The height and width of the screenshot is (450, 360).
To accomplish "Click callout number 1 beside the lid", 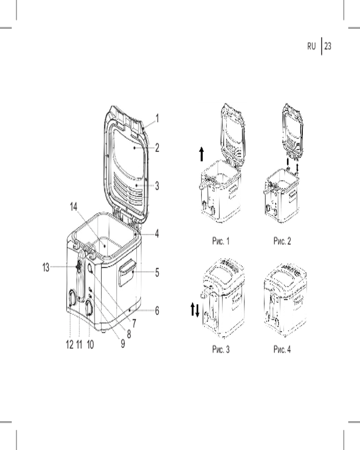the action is click(157, 118).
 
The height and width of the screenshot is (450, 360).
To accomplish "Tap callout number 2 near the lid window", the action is click(157, 148).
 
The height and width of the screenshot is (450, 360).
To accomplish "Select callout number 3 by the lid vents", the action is click(157, 186).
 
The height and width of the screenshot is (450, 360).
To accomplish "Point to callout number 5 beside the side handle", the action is click(157, 272).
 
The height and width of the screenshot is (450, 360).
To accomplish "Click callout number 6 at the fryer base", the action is click(157, 310).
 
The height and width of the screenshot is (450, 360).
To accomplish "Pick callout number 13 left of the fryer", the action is click(46, 267).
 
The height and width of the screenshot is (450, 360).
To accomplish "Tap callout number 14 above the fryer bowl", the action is click(73, 207).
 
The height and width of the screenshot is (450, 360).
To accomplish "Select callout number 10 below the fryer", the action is click(90, 344).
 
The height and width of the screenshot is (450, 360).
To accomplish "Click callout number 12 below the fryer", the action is click(70, 344).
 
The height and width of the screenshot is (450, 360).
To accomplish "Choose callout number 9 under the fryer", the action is click(123, 343).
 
